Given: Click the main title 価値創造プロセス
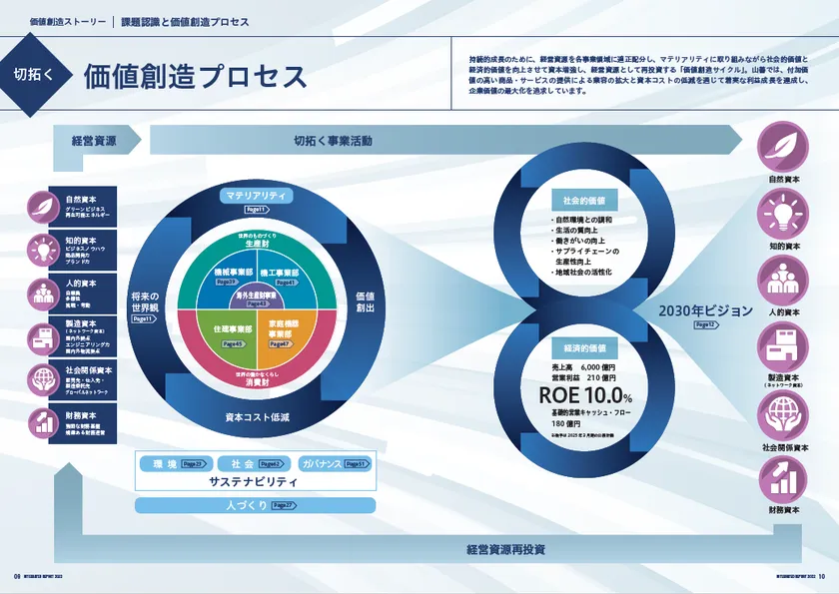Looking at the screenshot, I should point(196,76).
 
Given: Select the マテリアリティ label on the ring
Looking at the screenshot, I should point(256,197).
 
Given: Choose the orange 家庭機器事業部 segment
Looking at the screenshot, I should point(288,330).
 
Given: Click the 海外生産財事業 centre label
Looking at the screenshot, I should point(256,297).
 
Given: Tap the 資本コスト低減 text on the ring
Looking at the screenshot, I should point(257,415).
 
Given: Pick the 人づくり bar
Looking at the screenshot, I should point(255,505).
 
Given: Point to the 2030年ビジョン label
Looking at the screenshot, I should point(705,310).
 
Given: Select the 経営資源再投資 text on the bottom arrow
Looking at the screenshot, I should point(505,549).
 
